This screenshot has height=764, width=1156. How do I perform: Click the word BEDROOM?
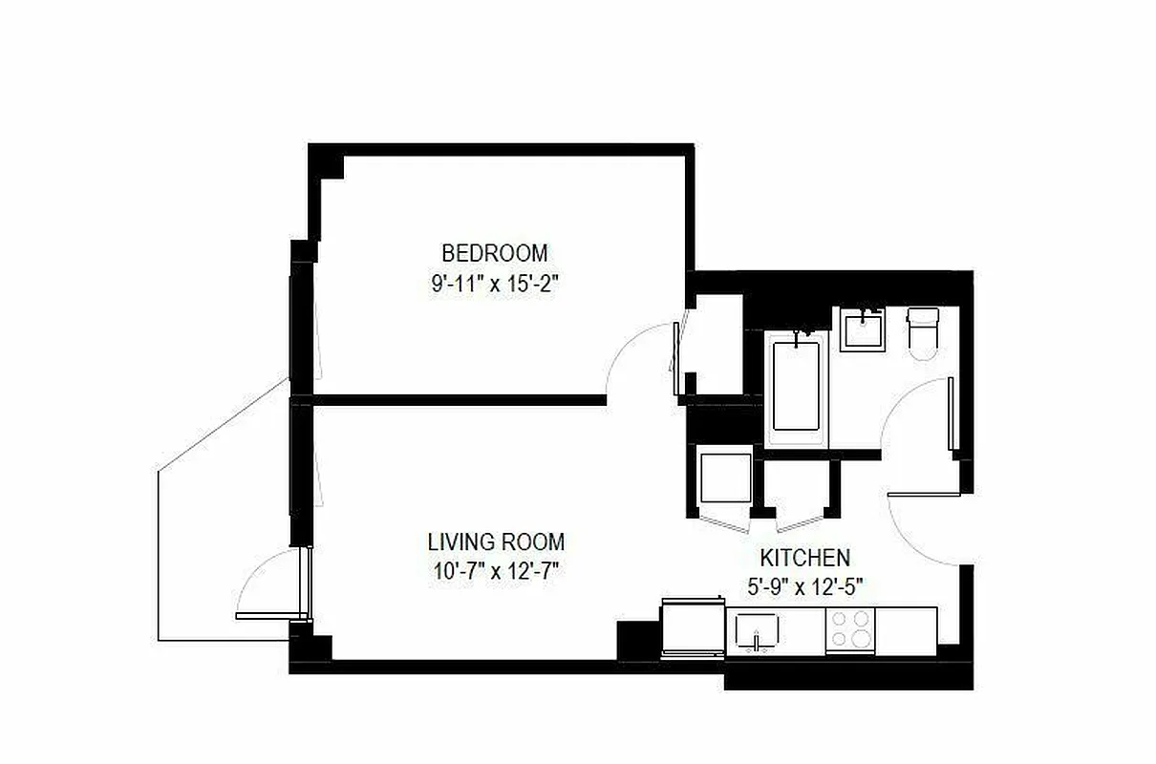[x=494, y=253]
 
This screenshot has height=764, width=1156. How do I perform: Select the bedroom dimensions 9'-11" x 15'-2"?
[x=494, y=285]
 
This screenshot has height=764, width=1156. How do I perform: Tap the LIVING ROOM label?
[x=495, y=541]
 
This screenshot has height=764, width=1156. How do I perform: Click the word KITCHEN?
[x=804, y=558]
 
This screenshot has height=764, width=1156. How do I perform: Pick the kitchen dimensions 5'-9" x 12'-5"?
[x=804, y=587]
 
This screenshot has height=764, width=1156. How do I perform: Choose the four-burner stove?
[x=849, y=628]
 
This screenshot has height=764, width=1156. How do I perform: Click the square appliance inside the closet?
[x=726, y=477]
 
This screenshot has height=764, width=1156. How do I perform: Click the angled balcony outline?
[x=191, y=535]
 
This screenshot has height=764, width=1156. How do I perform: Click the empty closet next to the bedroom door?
[x=717, y=344]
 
